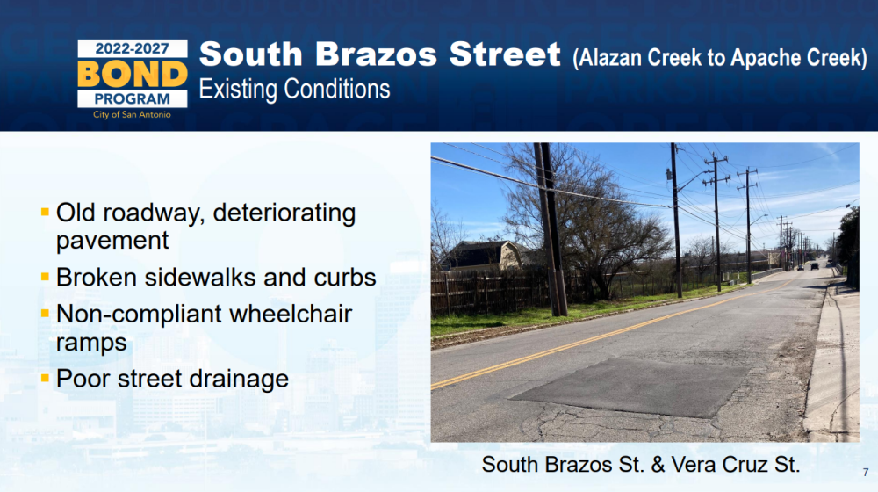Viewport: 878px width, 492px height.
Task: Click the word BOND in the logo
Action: [133, 74]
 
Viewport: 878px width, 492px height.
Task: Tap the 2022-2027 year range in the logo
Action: [133, 48]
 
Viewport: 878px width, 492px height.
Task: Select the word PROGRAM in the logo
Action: [133, 99]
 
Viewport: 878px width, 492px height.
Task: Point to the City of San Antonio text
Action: [133, 115]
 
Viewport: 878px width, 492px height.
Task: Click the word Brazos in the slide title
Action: [376, 54]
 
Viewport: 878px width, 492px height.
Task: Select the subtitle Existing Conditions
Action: [294, 89]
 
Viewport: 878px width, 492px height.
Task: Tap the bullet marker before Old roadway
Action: [46, 212]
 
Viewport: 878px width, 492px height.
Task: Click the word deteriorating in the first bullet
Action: [284, 213]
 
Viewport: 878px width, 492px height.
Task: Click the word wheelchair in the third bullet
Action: [291, 314]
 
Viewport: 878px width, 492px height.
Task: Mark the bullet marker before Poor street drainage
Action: [46, 378]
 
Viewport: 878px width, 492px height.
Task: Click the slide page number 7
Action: [866, 473]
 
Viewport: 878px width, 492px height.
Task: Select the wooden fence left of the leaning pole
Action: [490, 292]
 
